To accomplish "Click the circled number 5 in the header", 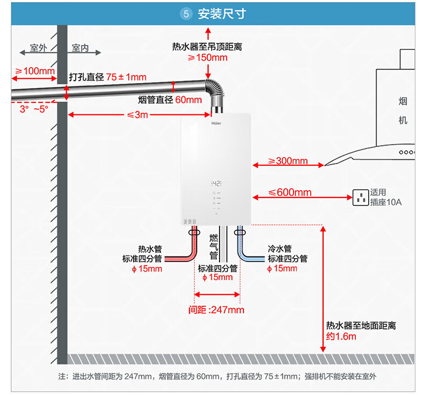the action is click(186, 14).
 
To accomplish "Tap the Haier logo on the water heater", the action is click(216, 123).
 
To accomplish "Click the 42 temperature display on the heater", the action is click(216, 184).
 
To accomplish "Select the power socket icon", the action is click(361, 197).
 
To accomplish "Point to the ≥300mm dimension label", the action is click(288, 161).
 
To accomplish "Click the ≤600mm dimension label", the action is click(290, 192).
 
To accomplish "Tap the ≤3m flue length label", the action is click(137, 115).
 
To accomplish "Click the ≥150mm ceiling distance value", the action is click(208, 57).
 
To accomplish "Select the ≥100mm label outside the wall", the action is click(35, 71).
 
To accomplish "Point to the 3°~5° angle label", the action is click(34, 109).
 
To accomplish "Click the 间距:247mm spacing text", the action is click(216, 310).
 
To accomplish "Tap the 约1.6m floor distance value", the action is click(341, 337).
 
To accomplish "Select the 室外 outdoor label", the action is click(39, 48).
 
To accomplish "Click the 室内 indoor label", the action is click(81, 48).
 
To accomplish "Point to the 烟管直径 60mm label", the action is click(170, 100).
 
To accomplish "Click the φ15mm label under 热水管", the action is click(147, 269).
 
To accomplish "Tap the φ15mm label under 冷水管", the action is click(282, 268).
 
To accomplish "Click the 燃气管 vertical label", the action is click(214, 247).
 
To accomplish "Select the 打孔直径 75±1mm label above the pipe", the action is click(108, 77).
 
